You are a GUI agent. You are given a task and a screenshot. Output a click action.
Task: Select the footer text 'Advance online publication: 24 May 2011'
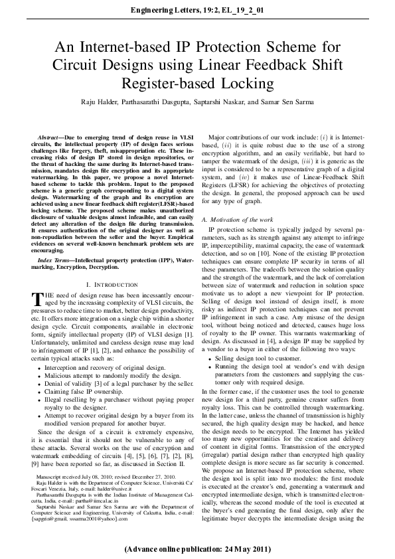197,549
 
